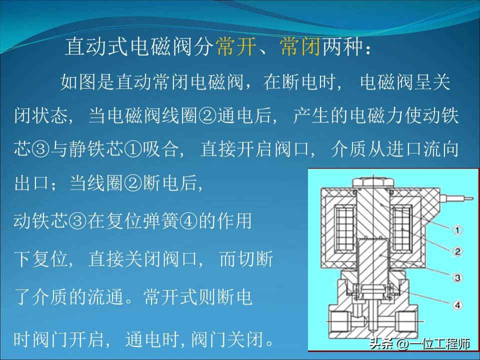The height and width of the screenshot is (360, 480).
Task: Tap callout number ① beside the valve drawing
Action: click(x=459, y=230)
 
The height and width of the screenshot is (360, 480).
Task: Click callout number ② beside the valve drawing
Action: click(x=459, y=251)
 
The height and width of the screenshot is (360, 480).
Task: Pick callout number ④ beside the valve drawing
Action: click(x=459, y=302)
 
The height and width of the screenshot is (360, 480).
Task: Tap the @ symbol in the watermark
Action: click(x=402, y=344)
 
